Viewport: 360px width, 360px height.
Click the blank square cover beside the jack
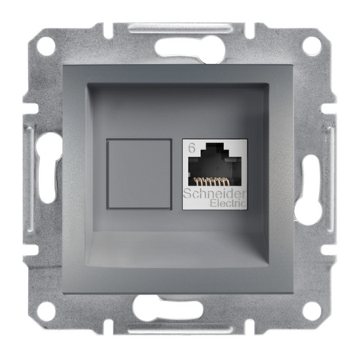click(x=139, y=174)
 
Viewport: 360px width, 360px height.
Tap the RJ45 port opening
click(x=215, y=165)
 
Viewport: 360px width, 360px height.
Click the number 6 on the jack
click(x=192, y=148)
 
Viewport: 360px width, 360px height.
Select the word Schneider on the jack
click(x=214, y=194)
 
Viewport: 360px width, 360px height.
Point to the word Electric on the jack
click(x=228, y=203)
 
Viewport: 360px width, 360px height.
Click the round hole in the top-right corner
click(x=311, y=46)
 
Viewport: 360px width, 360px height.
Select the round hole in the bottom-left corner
click(x=46, y=311)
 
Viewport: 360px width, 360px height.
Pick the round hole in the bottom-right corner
click(x=311, y=311)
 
